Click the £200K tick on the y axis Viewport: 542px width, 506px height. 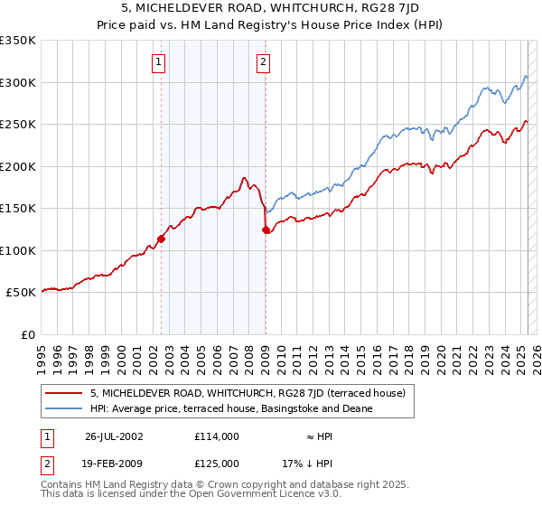[18, 166]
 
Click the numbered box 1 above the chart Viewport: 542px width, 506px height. [158, 62]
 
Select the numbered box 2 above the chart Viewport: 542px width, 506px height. [263, 62]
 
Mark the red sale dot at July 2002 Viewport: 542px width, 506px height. [162, 239]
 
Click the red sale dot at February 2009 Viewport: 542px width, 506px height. [266, 230]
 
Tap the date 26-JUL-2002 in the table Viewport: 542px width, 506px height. [114, 436]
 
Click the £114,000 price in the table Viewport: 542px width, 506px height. [217, 436]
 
